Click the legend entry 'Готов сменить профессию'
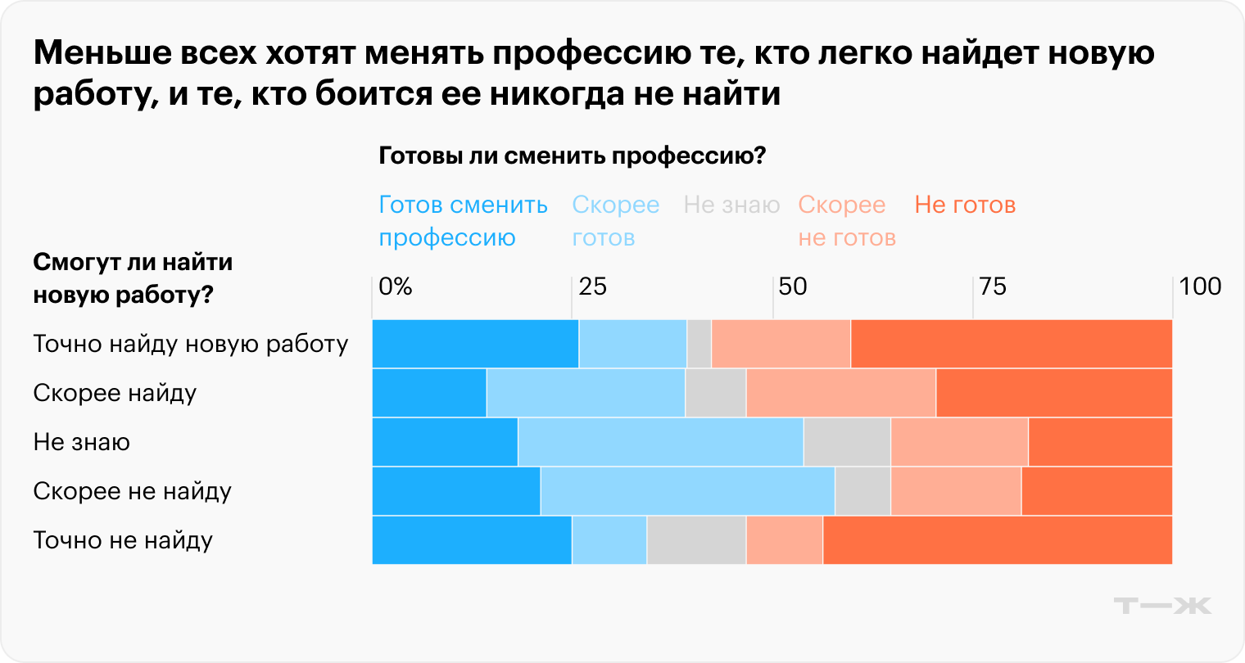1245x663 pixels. click(463, 221)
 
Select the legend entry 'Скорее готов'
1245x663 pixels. click(615, 221)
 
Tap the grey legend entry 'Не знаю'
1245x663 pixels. click(731, 205)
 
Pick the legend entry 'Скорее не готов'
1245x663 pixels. click(846, 221)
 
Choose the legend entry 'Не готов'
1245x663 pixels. click(964, 205)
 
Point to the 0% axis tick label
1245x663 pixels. click(396, 286)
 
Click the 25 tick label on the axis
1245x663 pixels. click(593, 286)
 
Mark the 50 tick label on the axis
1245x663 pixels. click(793, 286)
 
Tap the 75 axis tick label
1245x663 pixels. click(993, 286)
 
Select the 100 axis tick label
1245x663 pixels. click(1200, 286)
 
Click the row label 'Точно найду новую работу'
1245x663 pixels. click(191, 344)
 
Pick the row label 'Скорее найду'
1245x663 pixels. click(115, 393)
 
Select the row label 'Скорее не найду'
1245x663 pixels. click(132, 491)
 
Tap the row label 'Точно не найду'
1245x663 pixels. click(123, 540)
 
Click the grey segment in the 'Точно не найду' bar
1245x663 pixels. click(696, 540)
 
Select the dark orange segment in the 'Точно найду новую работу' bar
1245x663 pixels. click(1012, 344)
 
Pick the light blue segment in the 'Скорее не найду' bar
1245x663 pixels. click(687, 491)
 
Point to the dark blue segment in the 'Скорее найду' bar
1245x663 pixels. click(429, 393)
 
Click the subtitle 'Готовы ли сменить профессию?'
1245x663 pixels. click(572, 156)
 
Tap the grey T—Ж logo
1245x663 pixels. click(1162, 606)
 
